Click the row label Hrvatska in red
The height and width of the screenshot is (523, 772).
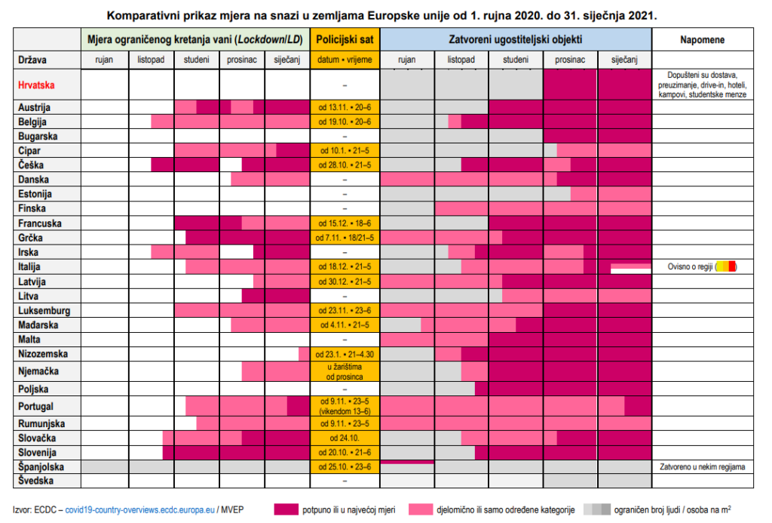point(38,85)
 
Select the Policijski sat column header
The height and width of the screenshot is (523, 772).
point(345,38)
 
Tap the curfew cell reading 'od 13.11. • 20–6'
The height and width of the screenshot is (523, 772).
point(345,108)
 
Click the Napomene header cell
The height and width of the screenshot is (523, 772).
point(704,38)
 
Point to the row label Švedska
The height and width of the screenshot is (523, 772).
point(38,481)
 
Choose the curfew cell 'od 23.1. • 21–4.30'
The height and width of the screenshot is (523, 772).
point(345,354)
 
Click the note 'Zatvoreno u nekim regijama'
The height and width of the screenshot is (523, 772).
point(704,466)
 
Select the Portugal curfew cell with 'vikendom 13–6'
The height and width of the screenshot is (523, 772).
point(345,406)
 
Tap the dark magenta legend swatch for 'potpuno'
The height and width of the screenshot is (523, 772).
point(293,509)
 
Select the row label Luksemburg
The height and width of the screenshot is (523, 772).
point(44,310)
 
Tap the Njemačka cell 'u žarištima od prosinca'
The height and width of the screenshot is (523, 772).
point(345,371)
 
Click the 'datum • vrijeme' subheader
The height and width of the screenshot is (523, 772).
point(345,60)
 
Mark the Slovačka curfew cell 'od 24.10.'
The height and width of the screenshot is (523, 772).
point(345,438)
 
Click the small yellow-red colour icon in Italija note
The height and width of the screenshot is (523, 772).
point(725,266)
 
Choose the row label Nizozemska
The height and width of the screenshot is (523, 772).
point(44,354)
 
